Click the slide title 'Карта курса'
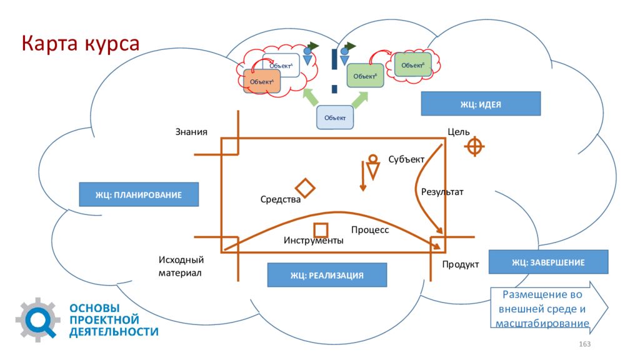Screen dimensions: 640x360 81,43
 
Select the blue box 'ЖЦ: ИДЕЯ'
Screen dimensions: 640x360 481,104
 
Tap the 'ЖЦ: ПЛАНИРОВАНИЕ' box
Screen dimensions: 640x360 139,194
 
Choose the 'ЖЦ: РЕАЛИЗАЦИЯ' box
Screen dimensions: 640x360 327,275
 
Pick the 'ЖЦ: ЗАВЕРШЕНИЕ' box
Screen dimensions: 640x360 548,262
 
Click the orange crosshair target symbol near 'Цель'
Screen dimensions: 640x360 474,146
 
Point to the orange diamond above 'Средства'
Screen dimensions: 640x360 305,187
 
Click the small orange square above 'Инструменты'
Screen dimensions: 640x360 321,230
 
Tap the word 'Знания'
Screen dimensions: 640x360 191,132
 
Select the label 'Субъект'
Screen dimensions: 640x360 406,159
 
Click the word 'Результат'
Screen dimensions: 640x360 442,192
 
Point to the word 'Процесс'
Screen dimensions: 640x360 370,230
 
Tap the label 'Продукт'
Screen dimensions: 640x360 461,264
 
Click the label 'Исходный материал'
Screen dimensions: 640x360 181,266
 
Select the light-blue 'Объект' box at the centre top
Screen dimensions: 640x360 335,117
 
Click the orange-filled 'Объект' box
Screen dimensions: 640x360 262,82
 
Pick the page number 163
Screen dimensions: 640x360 584,344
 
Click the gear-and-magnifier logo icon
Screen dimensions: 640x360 37,320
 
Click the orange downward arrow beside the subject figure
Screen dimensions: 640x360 363,176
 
